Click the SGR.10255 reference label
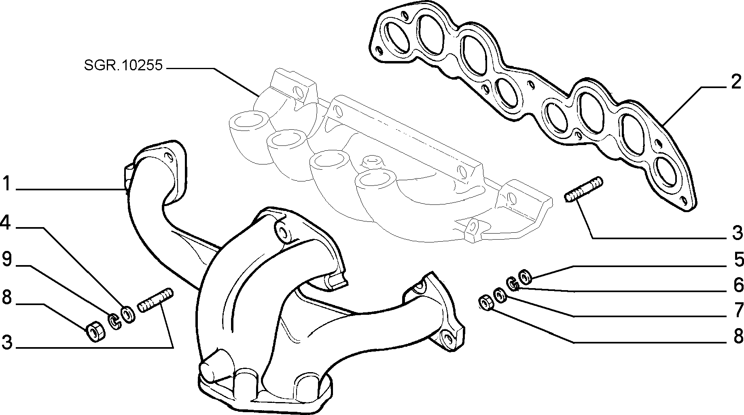[x=123, y=65]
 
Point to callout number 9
[x=7, y=259]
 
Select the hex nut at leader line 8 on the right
[x=485, y=303]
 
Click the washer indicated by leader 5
[x=525, y=277]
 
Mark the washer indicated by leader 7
[x=500, y=295]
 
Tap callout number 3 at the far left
[x=7, y=342]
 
